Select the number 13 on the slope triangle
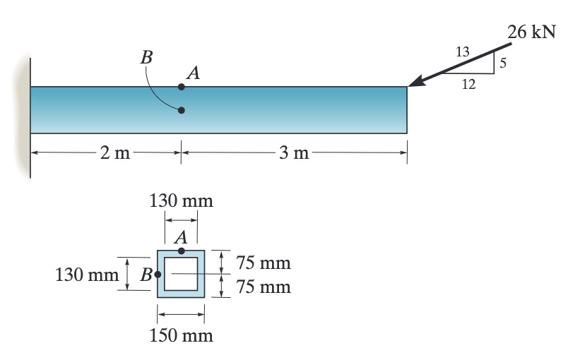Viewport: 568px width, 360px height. pos(463,52)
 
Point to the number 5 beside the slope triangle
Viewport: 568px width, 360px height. pos(504,63)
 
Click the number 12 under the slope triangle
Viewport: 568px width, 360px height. pos(468,85)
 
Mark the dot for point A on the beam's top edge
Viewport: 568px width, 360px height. pos(182,87)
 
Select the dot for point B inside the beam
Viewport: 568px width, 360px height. pos(182,110)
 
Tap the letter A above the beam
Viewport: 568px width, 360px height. pos(192,72)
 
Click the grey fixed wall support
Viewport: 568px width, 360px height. pos(25,106)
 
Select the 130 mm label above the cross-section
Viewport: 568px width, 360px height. pos(181,200)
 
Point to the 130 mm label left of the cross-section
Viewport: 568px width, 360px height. pos(87,274)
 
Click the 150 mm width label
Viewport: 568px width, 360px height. pos(181,335)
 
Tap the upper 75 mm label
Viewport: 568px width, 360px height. pos(264,263)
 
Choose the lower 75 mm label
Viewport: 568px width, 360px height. pos(264,287)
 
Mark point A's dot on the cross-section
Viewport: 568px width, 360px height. pos(182,251)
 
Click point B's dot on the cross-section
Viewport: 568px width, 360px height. pos(158,274)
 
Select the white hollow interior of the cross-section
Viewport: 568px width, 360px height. pos(182,274)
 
